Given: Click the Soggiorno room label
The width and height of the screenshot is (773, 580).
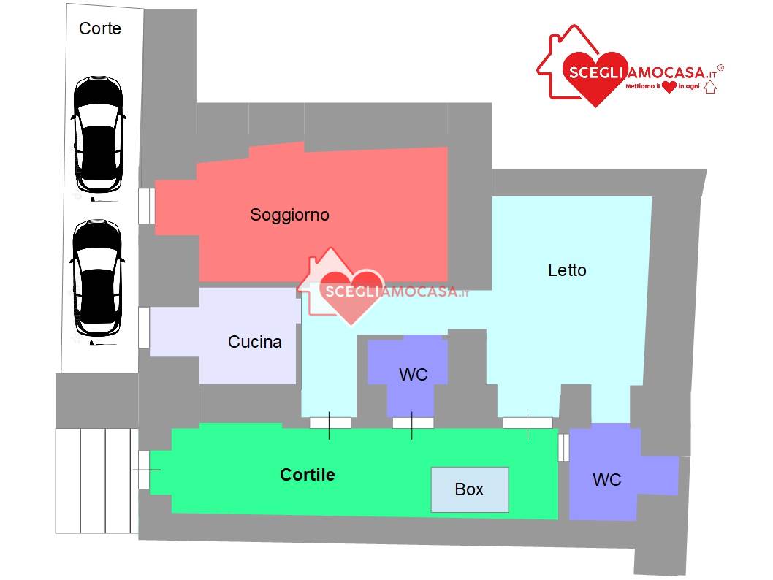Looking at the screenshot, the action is [289, 215].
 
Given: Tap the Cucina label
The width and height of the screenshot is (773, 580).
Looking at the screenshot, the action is [254, 341].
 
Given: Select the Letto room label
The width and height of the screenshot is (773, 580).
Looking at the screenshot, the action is [567, 270].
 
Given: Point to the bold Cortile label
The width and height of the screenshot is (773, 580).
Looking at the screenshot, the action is [307, 475].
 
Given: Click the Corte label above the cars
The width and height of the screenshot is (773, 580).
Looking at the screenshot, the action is [99, 28].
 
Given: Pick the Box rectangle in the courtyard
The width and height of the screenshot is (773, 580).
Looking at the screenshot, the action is [469, 489].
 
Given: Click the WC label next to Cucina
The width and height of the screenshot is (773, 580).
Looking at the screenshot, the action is [413, 375].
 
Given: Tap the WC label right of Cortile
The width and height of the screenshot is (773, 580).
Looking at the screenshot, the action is [606, 479].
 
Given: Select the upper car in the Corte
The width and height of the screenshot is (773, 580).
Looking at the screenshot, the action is [98, 134].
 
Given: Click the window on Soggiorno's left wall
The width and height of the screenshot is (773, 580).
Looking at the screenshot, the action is [146, 205].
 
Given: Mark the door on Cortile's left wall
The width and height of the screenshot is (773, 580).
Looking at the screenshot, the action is [144, 470].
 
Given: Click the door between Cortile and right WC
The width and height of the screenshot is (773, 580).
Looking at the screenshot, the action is [563, 448].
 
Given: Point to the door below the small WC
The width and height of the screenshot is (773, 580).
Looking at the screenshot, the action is [413, 423].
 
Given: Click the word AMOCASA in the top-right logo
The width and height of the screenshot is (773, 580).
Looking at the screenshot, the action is [666, 73].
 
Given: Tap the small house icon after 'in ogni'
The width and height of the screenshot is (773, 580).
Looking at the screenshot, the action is [709, 87].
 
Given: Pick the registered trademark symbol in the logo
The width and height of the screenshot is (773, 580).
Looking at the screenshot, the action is [720, 67].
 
